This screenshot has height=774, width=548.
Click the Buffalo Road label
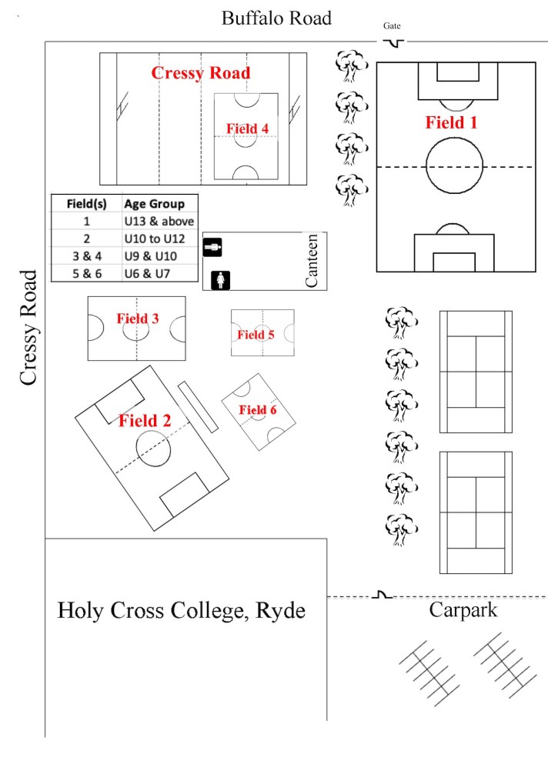[x=276, y=18]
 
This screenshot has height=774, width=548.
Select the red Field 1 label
[x=452, y=122]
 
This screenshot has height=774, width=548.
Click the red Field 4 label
[x=247, y=128]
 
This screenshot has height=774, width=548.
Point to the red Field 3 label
[x=138, y=318]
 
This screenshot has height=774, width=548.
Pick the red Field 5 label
[x=256, y=335]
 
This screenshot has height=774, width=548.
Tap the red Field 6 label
[x=257, y=410]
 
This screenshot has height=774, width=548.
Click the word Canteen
[x=312, y=262]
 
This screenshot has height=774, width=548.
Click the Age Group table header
[x=154, y=204]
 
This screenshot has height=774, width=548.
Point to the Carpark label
[x=463, y=611]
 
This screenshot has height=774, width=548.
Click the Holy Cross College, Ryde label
[x=182, y=612]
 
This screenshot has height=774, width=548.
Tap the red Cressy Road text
[x=200, y=73]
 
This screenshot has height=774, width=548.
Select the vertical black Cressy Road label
[x=28, y=328]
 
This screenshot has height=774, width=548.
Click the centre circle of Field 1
[x=455, y=166]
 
